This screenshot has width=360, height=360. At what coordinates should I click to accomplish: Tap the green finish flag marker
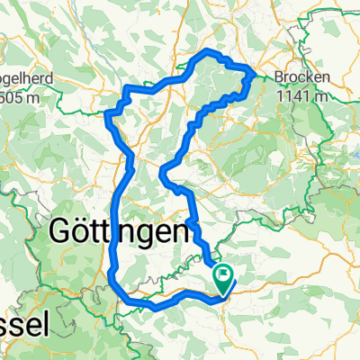click(222, 276)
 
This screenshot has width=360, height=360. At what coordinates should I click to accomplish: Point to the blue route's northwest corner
click(109, 115)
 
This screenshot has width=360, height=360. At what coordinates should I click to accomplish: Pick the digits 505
click(11, 96)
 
